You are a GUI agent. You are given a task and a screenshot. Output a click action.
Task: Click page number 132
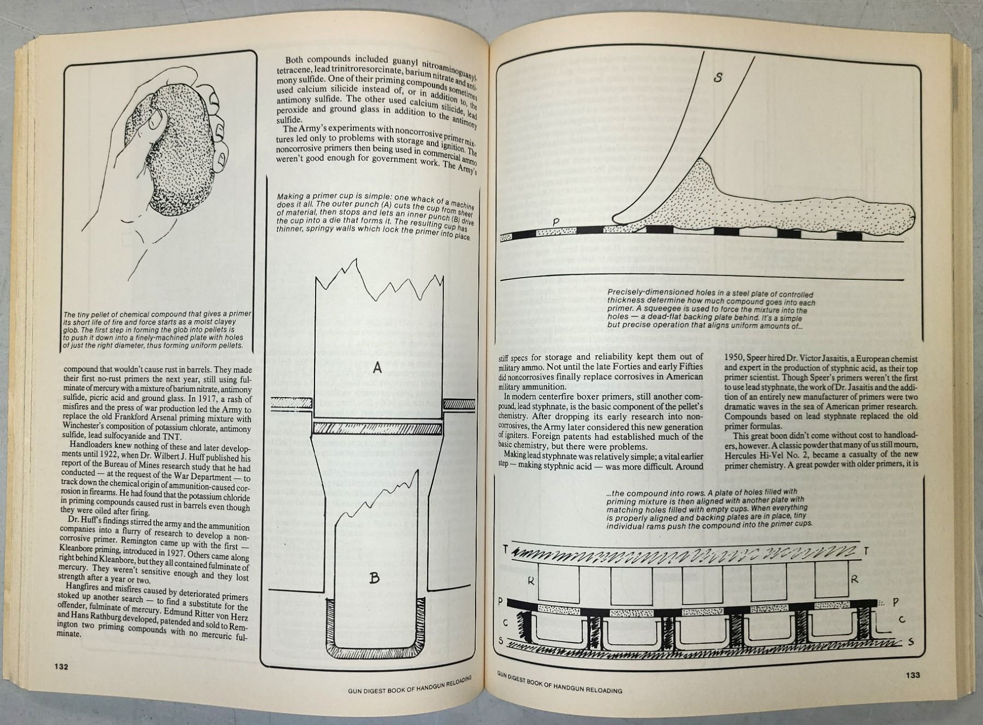61,666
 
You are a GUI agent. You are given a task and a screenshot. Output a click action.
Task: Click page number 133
913,674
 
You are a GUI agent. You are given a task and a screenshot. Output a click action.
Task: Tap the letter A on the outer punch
377,369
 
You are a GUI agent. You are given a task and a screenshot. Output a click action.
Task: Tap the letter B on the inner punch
374,578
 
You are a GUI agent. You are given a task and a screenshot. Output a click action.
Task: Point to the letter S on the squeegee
718,78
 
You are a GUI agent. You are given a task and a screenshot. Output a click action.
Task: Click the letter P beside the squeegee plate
556,222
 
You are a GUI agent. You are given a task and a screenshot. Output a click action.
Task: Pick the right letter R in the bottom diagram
855,580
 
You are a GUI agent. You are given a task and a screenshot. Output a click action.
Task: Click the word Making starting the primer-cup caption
290,197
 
